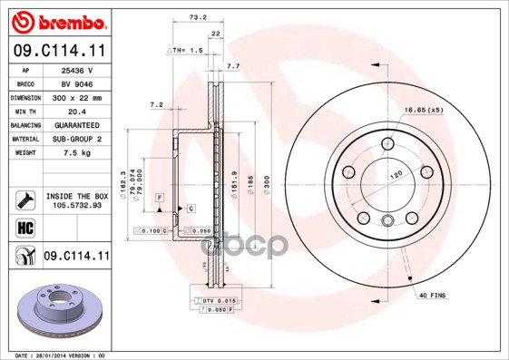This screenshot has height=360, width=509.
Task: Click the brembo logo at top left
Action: (55, 20)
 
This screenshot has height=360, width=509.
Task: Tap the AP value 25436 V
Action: (78, 70)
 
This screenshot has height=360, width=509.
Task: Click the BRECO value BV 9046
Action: (78, 83)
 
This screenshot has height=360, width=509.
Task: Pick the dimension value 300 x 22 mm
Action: (78, 97)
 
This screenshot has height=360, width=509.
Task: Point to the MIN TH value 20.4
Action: (78, 111)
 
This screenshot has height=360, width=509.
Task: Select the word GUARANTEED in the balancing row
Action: (78, 124)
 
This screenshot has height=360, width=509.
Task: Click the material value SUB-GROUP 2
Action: (78, 139)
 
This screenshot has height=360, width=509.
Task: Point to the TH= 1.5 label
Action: (187, 52)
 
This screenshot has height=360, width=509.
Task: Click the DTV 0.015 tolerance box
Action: (218, 300)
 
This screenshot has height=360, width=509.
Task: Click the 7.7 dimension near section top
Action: (232, 67)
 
